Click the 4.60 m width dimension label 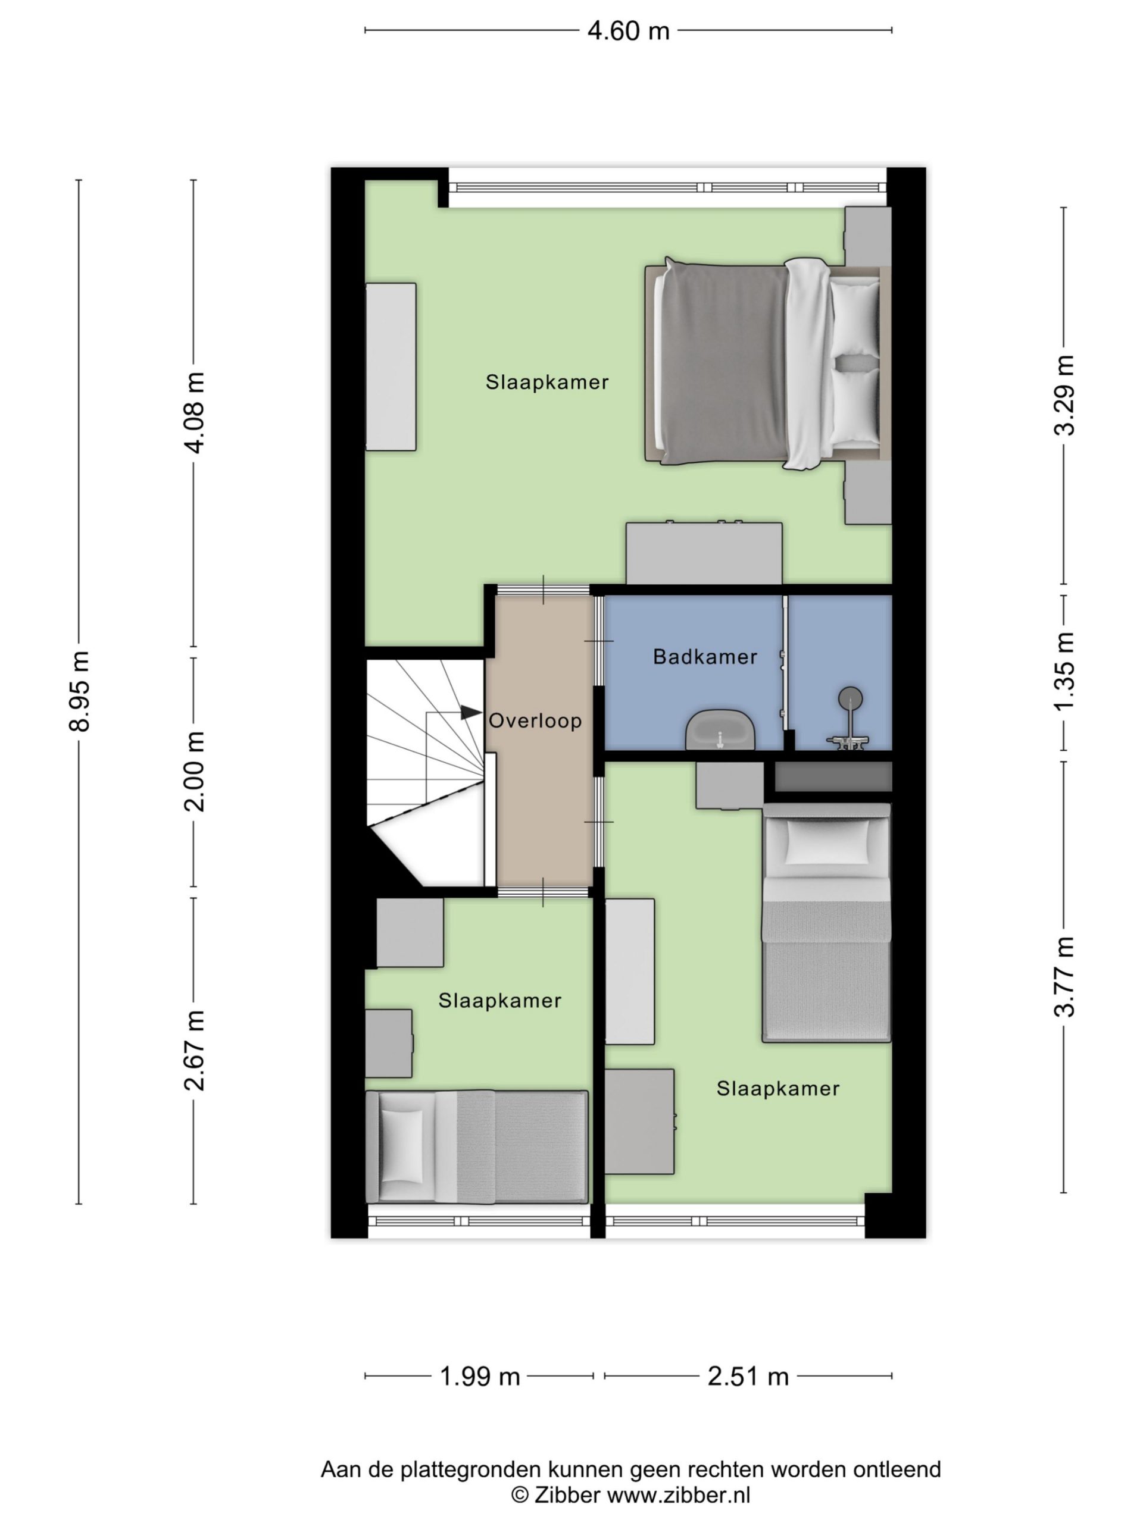coord(627,31)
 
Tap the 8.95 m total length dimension coord(79,691)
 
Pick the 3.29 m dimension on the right coord(1064,394)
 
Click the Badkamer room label coord(705,657)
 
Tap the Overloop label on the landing coord(535,721)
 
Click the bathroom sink coord(720,730)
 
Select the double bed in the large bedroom coord(766,363)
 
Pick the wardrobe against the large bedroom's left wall coord(391,367)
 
